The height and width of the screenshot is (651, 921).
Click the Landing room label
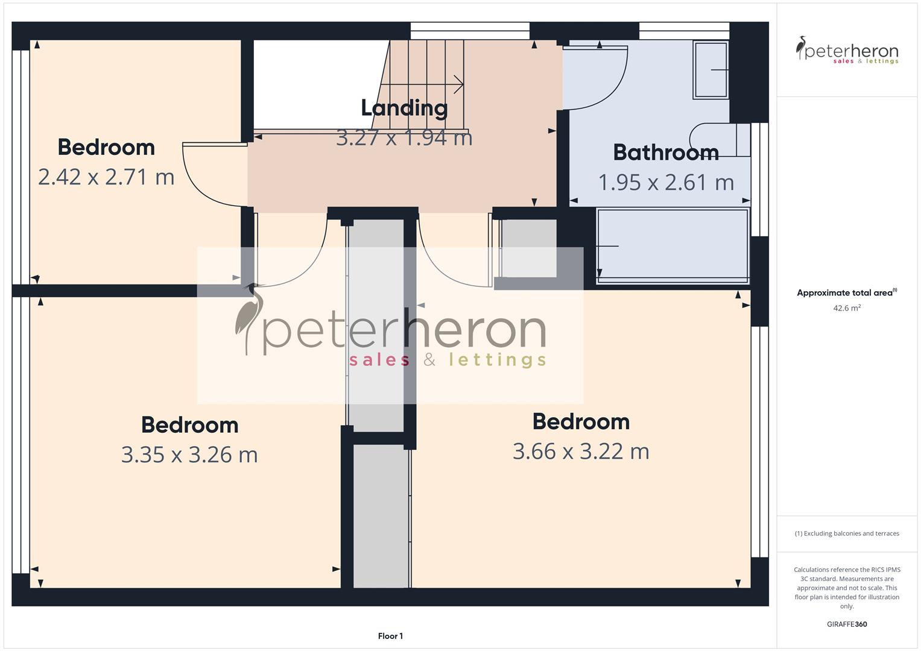[x=404, y=108]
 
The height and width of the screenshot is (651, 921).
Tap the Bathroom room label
[x=666, y=153]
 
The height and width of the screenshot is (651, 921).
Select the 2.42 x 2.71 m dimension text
[x=106, y=177]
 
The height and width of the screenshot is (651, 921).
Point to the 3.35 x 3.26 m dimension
[x=189, y=454]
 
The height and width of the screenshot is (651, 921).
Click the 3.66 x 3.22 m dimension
[x=581, y=451]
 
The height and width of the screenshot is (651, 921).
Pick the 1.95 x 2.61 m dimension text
[x=666, y=183]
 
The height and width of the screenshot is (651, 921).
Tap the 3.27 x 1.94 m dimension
[x=404, y=138]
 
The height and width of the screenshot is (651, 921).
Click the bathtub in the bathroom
[x=673, y=245]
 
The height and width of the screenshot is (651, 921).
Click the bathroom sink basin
[x=711, y=69]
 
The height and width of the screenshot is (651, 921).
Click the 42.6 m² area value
[x=847, y=308]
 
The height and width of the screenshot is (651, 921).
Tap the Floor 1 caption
[x=390, y=636]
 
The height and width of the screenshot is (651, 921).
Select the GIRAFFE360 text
[x=847, y=624]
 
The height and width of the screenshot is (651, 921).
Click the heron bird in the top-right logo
[x=802, y=48]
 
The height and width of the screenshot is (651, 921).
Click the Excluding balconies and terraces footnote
[x=847, y=533]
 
